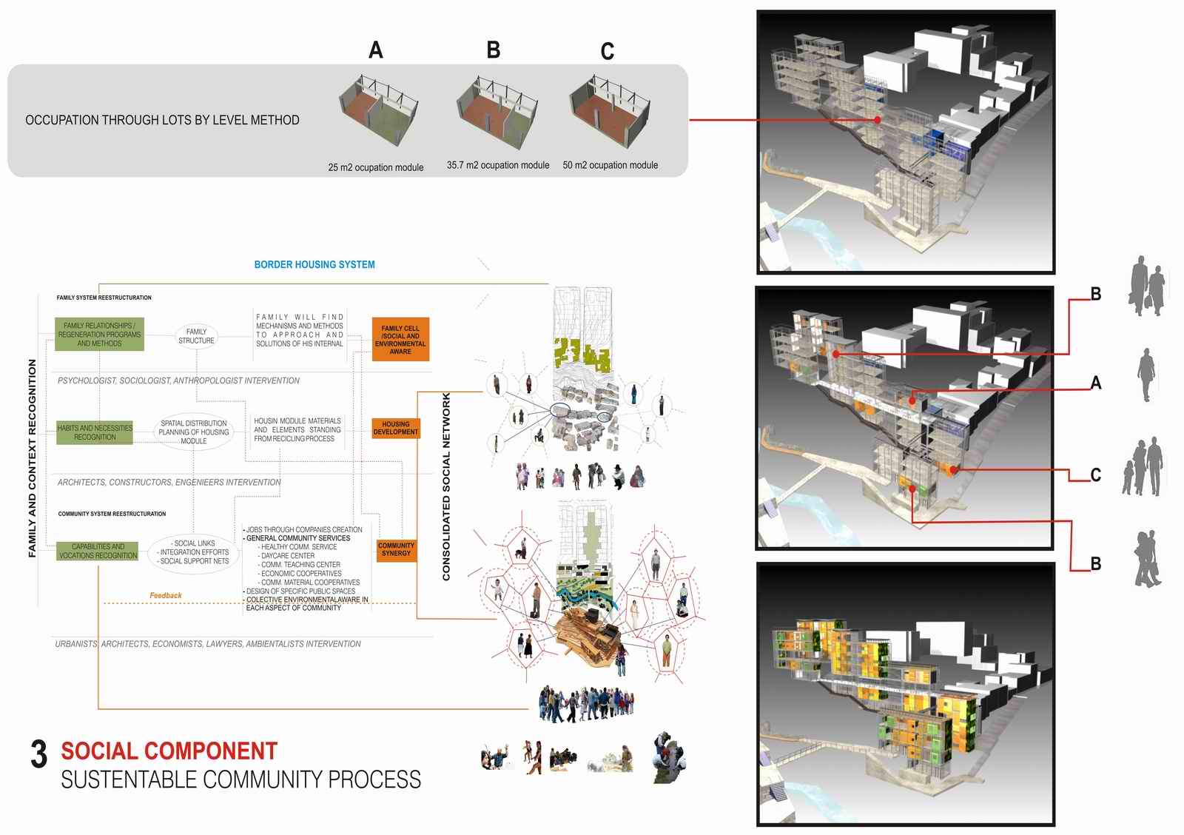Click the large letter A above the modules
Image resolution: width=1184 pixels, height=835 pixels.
376,50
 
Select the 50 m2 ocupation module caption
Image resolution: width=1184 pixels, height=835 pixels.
610,165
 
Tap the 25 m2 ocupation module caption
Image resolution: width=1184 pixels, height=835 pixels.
375,167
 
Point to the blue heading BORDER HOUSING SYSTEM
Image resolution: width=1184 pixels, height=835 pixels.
314,264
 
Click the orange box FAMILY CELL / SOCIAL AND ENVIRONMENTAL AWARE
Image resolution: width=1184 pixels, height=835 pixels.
400,340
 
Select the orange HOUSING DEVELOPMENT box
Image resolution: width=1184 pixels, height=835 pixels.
395,428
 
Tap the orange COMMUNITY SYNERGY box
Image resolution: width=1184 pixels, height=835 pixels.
396,549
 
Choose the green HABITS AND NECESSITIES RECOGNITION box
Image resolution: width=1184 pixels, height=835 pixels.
95,432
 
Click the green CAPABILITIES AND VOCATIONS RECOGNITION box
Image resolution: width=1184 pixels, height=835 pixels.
98,551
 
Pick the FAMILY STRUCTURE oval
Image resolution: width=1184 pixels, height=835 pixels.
196,336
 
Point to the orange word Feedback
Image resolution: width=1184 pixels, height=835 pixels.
165,595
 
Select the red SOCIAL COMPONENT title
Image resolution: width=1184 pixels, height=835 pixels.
169,751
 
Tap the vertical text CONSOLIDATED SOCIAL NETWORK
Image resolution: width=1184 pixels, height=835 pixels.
446,486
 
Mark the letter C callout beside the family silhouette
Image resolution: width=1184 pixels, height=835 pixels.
1096,474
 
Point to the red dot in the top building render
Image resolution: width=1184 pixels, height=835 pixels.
878,120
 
